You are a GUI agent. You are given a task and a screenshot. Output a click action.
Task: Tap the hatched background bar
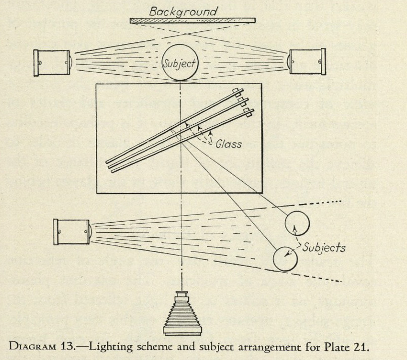(x=192, y=21)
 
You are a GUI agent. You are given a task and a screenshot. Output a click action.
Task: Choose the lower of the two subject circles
(x=286, y=259)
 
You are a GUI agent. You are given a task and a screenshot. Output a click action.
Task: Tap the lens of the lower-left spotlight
(x=89, y=231)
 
